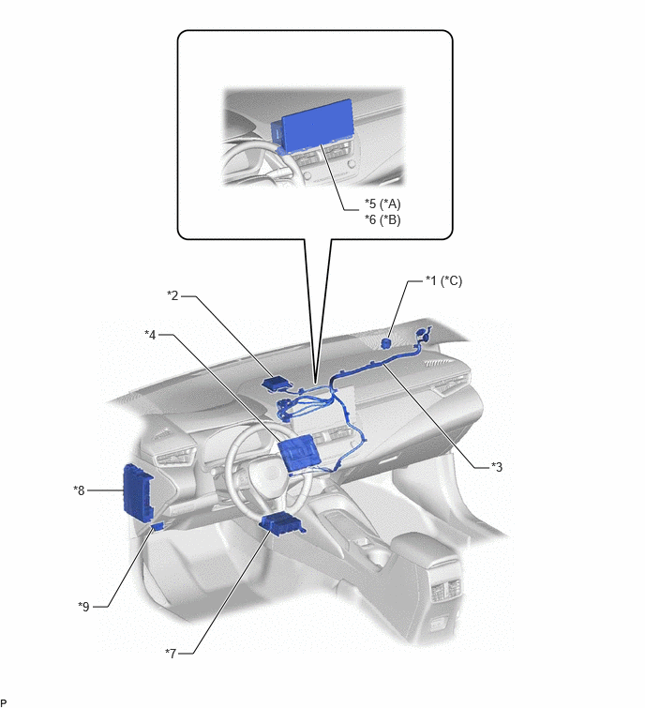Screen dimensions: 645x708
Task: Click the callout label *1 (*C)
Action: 443,280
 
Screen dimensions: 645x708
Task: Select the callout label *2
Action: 172,295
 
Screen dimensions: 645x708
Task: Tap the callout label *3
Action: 497,466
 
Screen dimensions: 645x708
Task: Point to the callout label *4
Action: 150,335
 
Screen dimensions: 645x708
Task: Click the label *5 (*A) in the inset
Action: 382,204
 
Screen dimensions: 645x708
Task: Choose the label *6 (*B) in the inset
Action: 382,219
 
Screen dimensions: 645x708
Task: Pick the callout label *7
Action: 171,653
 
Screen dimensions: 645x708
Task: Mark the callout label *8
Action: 79,490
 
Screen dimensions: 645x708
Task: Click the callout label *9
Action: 84,607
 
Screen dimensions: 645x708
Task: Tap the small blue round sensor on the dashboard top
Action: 386,343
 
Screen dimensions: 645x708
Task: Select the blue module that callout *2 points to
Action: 277,384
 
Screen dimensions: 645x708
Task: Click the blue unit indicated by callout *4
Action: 298,453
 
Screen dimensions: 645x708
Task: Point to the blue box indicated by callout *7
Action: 282,525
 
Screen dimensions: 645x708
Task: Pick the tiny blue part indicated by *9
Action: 158,526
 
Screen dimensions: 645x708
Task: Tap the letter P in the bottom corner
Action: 4,702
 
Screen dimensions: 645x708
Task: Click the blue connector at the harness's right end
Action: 422,335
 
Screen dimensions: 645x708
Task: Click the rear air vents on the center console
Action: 446,589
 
